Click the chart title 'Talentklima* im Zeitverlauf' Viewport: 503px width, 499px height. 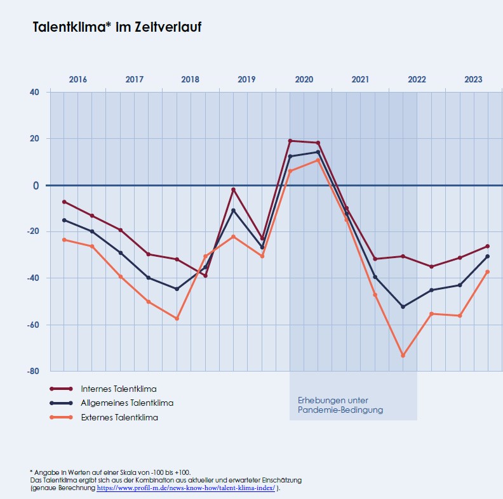tap(117, 27)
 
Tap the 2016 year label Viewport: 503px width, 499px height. tap(77, 80)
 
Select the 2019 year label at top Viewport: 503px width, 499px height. tap(246, 80)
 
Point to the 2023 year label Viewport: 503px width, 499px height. tap(473, 80)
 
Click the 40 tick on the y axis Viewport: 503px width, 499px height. tap(34, 92)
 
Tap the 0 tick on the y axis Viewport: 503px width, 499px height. tap(37, 185)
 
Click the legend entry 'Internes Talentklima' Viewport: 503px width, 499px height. tap(118, 389)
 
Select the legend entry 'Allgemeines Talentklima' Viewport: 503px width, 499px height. tap(126, 403)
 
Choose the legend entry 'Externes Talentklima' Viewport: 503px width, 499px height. tap(119, 418)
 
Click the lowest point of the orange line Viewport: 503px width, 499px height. tap(403, 356)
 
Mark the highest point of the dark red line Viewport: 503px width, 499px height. tap(290, 141)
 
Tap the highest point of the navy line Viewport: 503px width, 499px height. tap(318, 152)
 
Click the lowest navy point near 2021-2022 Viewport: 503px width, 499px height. tap(403, 307)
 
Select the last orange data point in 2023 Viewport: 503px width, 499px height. tap(487, 272)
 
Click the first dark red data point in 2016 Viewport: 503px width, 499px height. tap(64, 202)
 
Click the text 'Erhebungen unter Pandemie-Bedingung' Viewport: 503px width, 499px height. tap(340, 405)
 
